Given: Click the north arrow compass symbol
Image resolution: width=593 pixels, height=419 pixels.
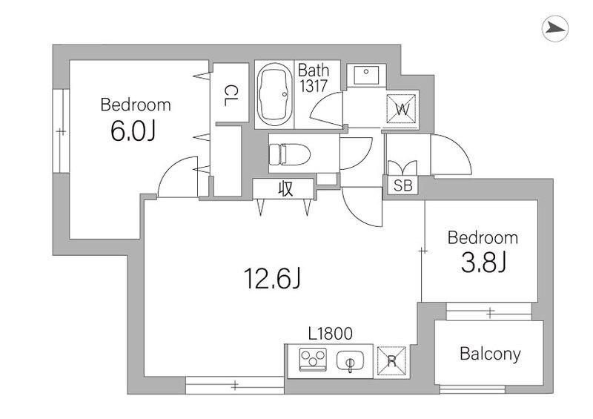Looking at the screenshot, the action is tap(555, 28).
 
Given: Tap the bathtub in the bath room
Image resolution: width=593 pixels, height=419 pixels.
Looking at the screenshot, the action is tap(274, 94).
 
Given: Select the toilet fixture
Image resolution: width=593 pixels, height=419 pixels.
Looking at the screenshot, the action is tap(289, 154).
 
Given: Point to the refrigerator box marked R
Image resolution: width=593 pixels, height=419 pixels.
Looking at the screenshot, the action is tap(392, 361).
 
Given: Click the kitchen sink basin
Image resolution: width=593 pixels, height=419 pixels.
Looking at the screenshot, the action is tap(350, 361).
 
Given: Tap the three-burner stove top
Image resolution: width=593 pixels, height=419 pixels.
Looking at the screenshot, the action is tap(313, 359).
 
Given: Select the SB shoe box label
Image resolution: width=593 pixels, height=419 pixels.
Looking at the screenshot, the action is tap(402, 185).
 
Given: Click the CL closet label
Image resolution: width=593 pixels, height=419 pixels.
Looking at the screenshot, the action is tap(231, 96).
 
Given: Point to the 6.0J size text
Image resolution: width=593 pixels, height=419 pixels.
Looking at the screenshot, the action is tap(133, 131).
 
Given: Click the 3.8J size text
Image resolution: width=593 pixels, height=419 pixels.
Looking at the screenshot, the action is tap(483, 263).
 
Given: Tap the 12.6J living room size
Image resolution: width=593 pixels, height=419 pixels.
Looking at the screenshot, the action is tap(272, 279).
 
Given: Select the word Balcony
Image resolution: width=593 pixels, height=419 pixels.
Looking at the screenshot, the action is tap(490, 354).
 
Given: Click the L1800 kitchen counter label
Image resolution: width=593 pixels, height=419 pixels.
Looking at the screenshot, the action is tap(331, 334).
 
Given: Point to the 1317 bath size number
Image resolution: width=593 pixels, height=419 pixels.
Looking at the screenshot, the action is tap(314, 86).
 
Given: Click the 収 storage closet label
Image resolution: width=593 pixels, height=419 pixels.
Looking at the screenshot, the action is tap(285, 188).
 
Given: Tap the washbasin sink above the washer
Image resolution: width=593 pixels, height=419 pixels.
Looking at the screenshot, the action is tap(365, 75).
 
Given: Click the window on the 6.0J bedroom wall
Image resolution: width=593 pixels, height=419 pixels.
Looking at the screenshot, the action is tap(61, 131).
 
